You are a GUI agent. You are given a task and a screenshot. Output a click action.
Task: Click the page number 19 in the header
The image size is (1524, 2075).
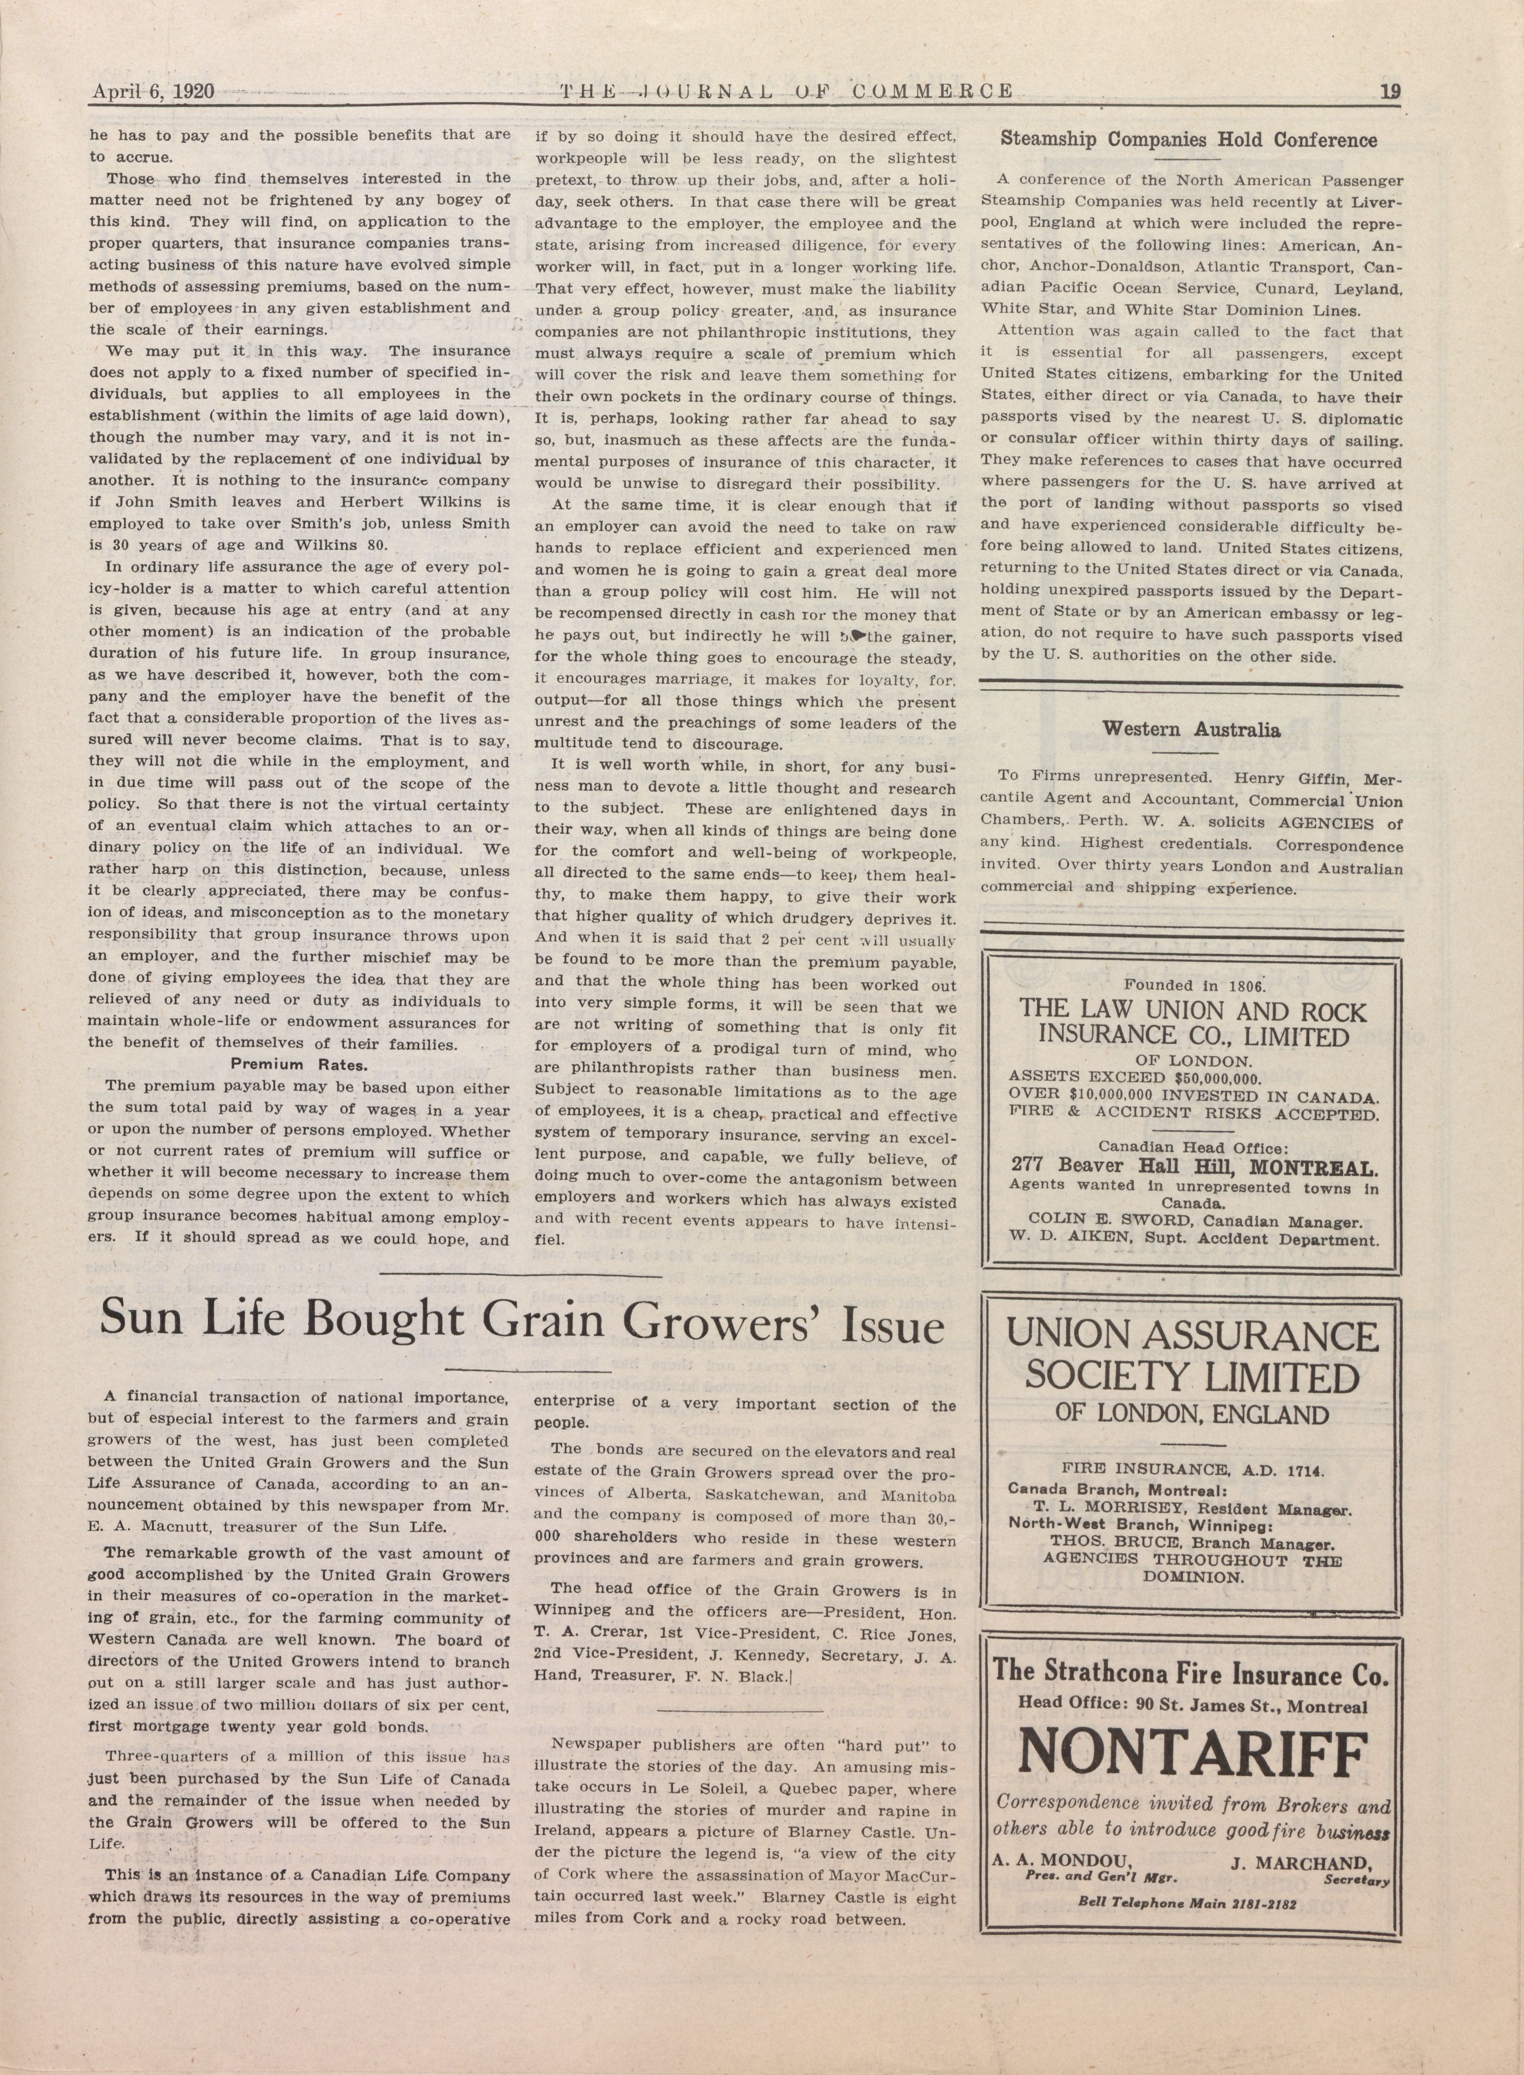coord(1390,91)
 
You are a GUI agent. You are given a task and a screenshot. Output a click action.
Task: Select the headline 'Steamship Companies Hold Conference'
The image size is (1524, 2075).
coord(1189,140)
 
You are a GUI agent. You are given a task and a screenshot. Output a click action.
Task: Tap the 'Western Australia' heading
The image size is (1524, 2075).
coord(1191,730)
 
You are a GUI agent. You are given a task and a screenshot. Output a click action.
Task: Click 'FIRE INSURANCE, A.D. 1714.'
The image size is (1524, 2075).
coord(1189,1467)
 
